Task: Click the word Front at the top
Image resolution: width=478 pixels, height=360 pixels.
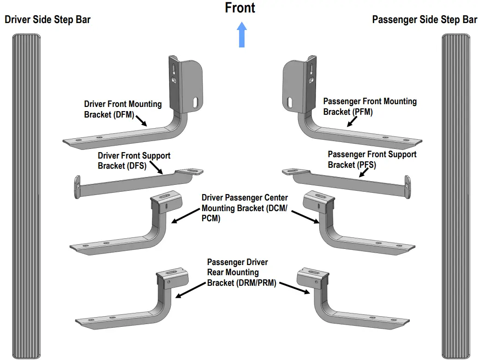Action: click(x=240, y=8)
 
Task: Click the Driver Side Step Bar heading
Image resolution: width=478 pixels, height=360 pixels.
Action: click(x=48, y=20)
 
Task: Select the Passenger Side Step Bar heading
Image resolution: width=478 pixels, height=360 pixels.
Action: click(x=424, y=20)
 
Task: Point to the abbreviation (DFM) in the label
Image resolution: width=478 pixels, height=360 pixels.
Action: click(x=123, y=115)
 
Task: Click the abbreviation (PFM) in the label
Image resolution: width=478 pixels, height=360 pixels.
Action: click(x=362, y=112)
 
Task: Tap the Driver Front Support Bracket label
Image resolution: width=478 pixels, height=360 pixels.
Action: click(x=134, y=161)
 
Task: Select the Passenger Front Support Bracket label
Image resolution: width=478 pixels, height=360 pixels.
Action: click(x=372, y=159)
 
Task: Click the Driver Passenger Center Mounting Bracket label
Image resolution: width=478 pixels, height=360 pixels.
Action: click(x=245, y=208)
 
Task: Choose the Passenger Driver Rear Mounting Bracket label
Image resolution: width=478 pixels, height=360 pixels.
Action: click(x=241, y=272)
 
